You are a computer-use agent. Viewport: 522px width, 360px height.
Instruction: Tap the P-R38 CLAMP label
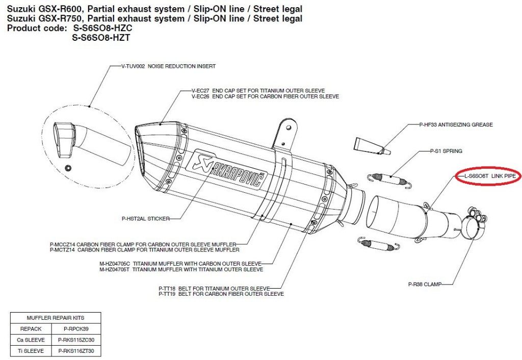(425, 284)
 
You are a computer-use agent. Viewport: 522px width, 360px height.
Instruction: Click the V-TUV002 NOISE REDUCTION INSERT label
(168, 66)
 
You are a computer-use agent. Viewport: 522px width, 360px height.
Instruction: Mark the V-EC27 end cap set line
(258, 90)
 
